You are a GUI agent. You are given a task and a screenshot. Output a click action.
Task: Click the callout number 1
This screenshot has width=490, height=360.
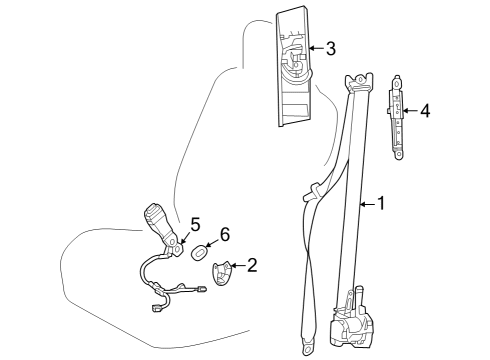coord(379,204)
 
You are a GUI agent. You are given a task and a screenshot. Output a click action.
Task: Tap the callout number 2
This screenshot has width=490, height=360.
coord(252,265)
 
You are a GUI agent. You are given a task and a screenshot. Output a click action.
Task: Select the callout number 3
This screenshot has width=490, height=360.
coord(330,47)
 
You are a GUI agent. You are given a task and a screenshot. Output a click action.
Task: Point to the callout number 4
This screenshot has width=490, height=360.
coord(425,111)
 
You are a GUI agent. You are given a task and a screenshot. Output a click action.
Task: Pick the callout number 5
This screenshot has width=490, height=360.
coord(195,223)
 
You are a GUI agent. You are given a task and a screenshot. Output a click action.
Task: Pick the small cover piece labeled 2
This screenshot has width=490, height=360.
coord(225,270)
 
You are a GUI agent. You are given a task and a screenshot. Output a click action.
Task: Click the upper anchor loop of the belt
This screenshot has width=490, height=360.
coord(359,80)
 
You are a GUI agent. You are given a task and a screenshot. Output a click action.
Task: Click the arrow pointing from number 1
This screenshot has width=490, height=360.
coord(364,204)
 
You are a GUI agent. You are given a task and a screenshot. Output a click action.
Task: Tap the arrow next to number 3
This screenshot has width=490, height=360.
coord(314,47)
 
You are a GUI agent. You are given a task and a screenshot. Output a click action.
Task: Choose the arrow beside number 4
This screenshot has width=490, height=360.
coord(410,111)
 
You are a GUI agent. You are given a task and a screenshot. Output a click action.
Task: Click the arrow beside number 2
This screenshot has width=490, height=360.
coord(238,266)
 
